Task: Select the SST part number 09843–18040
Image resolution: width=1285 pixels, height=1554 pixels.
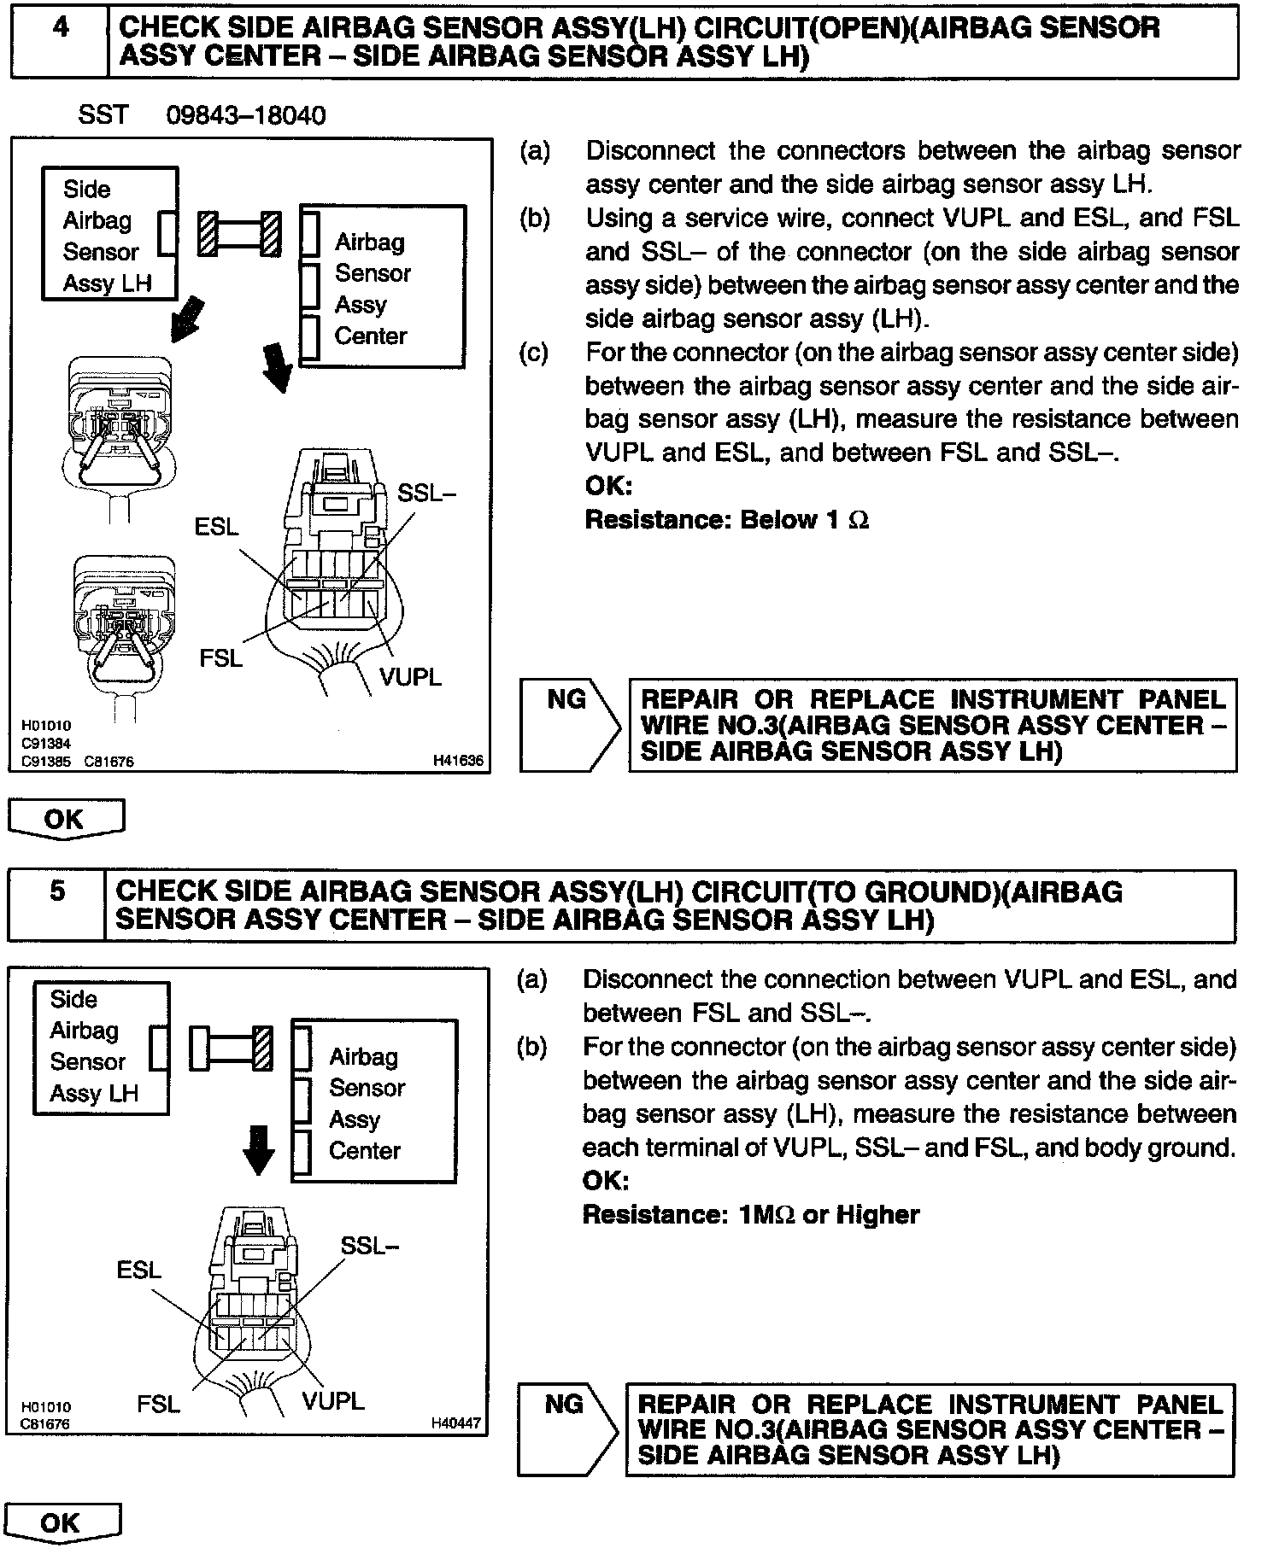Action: (x=245, y=115)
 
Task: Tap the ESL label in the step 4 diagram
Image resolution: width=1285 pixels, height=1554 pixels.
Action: (x=216, y=527)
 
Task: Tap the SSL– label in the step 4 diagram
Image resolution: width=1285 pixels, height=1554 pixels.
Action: (x=427, y=493)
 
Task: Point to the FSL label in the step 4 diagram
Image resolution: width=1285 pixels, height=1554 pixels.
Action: (x=220, y=657)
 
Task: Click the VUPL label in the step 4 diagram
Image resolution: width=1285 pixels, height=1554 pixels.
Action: (x=410, y=677)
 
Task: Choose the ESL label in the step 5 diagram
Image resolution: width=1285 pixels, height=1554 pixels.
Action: (x=139, y=1270)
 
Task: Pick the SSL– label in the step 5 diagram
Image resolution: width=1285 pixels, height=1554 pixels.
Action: (x=369, y=1246)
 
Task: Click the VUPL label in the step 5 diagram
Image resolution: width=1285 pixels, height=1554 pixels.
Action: (x=332, y=1400)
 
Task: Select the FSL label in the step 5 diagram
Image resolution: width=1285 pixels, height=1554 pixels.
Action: (x=158, y=1404)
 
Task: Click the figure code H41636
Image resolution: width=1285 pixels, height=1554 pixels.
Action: (x=457, y=760)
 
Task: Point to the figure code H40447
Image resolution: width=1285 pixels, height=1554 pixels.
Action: (x=455, y=1423)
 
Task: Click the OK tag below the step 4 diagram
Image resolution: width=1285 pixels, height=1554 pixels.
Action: (x=66, y=820)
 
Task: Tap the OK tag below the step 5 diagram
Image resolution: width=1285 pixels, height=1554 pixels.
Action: (x=62, y=1522)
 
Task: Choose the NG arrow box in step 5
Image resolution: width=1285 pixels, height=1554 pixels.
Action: (x=566, y=1429)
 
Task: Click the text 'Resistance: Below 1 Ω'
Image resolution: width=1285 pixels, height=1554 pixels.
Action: (x=726, y=520)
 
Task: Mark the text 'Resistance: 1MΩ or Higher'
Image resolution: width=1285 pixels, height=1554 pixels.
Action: (x=750, y=1214)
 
